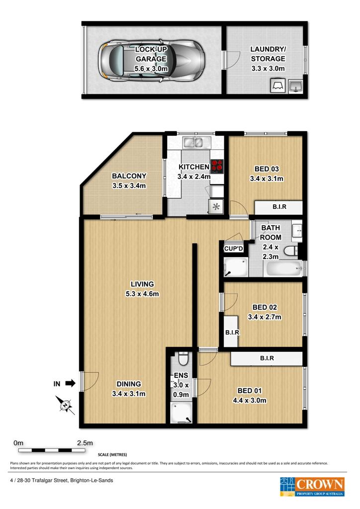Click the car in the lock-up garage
tap(152, 61)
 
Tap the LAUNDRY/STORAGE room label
tap(268, 59)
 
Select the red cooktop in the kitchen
tap(217, 166)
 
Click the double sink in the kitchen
tap(197, 142)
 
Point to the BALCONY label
tap(129, 176)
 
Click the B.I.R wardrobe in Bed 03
tap(278, 207)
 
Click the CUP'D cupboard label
tap(233, 249)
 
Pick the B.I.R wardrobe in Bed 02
tap(232, 332)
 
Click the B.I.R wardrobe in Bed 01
tap(267, 358)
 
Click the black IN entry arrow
tap(71, 384)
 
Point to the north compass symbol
tap(65, 406)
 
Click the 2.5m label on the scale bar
tap(85, 443)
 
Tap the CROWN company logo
tap(312, 487)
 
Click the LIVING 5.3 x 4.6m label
tap(142, 289)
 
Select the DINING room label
tap(129, 384)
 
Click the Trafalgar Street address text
tap(62, 481)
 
